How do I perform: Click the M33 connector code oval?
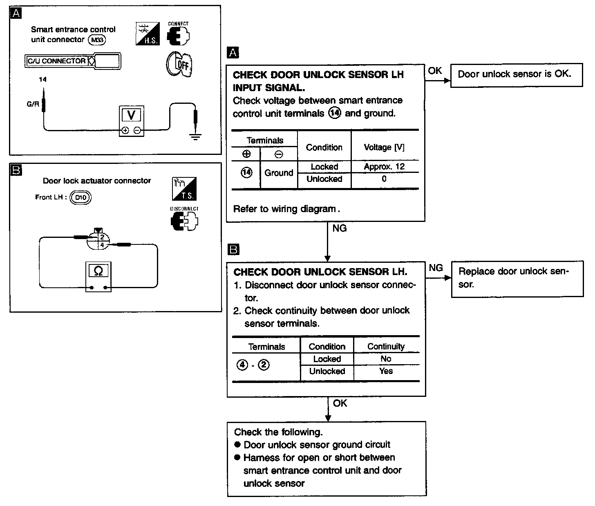[97, 40]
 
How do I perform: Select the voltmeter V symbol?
[131, 115]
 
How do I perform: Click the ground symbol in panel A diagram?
[196, 137]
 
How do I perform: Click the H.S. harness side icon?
[147, 34]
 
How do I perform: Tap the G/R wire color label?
[33, 104]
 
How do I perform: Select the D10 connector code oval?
[81, 197]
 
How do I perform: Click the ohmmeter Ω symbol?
[98, 271]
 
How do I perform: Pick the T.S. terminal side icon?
[184, 188]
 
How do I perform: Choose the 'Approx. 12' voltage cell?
[384, 166]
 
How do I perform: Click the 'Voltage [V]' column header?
[384, 147]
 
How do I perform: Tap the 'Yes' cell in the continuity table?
[386, 371]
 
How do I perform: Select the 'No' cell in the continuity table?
[386, 359]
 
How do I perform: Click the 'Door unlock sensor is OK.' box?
[516, 74]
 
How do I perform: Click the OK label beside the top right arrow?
[435, 71]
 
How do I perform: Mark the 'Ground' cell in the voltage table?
[279, 173]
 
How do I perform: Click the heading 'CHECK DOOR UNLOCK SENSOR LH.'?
[320, 272]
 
